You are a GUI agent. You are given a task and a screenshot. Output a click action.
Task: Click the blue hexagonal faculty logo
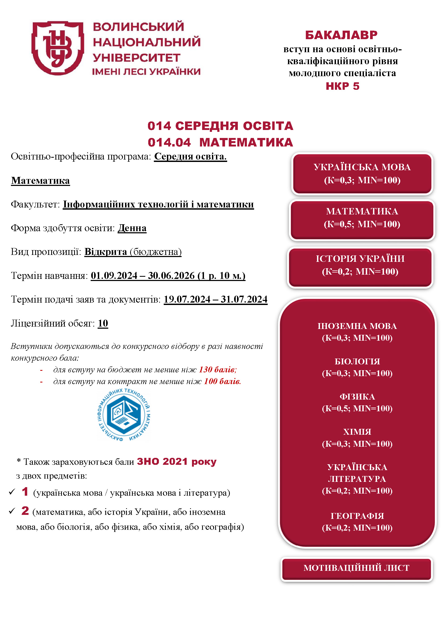click(124, 415)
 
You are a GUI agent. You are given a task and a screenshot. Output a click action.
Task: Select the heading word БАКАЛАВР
click(341, 35)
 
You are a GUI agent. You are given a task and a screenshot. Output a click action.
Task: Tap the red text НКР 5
click(342, 86)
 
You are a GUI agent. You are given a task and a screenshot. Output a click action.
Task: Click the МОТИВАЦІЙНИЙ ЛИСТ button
click(356, 568)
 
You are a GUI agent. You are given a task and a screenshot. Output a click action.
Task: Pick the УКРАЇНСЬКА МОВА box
click(362, 174)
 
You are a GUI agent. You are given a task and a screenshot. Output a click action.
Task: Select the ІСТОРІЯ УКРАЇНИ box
click(360, 265)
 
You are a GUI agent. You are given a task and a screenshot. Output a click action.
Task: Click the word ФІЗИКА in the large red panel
click(357, 397)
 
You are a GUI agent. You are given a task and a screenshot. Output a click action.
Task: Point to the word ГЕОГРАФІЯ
click(357, 516)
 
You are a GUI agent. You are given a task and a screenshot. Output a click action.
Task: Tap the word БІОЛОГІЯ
click(357, 361)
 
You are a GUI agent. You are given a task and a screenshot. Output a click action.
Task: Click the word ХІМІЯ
click(357, 432)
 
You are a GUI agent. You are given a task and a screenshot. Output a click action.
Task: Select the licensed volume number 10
click(103, 323)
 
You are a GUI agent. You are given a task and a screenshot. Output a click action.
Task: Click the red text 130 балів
click(218, 370)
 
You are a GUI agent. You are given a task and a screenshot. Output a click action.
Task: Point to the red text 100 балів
click(222, 381)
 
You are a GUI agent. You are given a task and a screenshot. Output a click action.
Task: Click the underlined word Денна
click(132, 228)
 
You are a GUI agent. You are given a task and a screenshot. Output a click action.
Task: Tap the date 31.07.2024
click(244, 299)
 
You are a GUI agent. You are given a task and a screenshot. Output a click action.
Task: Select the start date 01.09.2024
click(114, 276)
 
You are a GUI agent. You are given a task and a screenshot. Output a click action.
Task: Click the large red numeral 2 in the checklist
click(25, 511)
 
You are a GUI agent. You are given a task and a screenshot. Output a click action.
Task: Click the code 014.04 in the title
click(169, 143)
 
